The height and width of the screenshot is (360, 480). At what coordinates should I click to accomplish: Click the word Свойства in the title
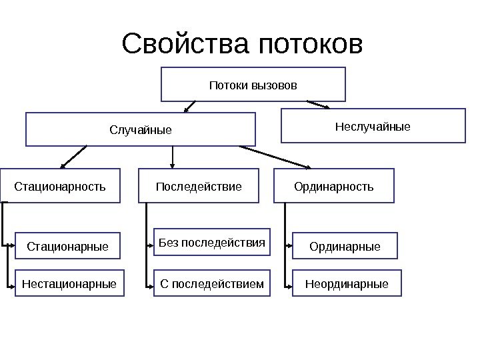[x=185, y=45]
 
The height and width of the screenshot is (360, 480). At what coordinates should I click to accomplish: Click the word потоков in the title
[x=310, y=45]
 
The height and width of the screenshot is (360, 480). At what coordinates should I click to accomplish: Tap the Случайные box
[x=141, y=129]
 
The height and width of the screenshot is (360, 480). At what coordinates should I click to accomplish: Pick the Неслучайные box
[x=373, y=125]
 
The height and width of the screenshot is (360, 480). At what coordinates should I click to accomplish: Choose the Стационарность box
[x=60, y=185]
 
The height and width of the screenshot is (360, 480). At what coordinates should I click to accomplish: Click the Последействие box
[x=199, y=185]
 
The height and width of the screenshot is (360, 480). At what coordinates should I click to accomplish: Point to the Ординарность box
[x=334, y=185]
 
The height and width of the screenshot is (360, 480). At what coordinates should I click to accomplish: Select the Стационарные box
[x=67, y=246]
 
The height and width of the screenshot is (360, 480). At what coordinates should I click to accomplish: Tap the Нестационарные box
[x=69, y=284]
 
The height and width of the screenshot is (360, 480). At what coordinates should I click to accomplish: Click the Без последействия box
[x=212, y=242]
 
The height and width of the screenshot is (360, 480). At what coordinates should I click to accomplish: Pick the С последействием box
[x=212, y=284]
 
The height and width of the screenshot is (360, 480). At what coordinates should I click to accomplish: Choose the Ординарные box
[x=345, y=246]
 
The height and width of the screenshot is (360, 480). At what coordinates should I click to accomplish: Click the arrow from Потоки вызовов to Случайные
[x=189, y=107]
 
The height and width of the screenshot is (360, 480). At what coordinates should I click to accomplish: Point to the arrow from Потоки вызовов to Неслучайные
[x=318, y=104]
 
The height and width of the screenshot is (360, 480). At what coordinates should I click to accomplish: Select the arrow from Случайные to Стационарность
[x=73, y=157]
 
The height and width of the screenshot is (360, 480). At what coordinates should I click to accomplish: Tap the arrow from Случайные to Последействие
[x=173, y=157]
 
